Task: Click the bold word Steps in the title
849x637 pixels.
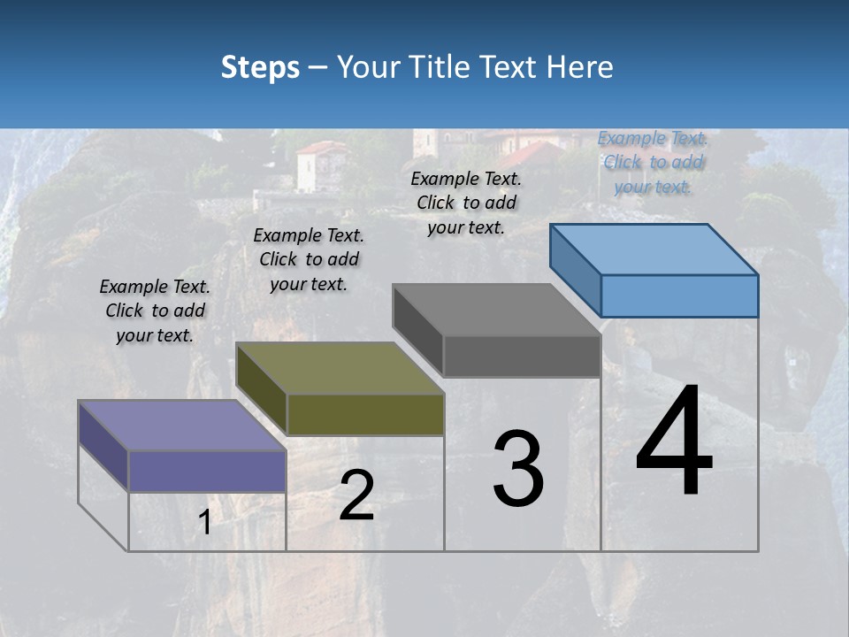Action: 260,67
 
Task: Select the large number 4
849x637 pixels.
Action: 674,442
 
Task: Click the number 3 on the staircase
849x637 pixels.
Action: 518,469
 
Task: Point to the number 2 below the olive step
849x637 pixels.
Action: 356,495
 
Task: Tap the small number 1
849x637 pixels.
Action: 205,523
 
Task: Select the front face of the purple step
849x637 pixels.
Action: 207,471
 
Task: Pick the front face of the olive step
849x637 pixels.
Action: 365,414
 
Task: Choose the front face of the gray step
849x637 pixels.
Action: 522,356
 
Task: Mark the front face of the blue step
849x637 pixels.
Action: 679,295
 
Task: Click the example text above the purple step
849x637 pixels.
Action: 155,311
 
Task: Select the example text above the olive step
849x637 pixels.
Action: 309,259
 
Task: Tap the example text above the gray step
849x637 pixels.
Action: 466,203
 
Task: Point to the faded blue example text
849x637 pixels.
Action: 653,162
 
